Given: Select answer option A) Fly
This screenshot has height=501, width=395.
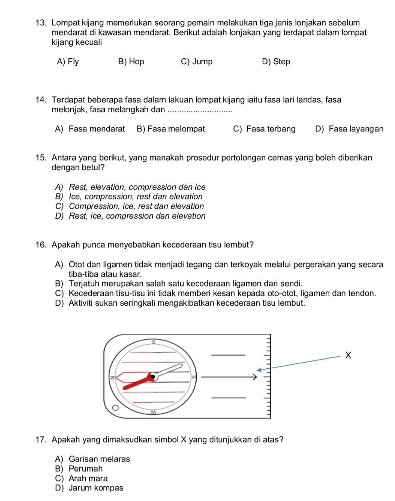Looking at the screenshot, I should pos(68,62).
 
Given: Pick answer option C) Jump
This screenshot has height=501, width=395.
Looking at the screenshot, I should pos(197,62).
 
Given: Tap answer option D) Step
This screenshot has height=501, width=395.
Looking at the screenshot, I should pos(276,62).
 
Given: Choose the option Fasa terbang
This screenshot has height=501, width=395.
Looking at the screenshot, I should pos(264,128).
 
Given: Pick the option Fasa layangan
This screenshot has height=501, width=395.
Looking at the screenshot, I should pos(349,128).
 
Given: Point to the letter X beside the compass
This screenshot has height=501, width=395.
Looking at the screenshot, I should pos(349,355).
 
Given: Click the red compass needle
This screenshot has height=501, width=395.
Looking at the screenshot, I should pos(134,382).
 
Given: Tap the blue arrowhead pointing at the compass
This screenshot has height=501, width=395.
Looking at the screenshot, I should pos(260,369).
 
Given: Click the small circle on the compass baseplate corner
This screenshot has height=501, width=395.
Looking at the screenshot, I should pos(115,407).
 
